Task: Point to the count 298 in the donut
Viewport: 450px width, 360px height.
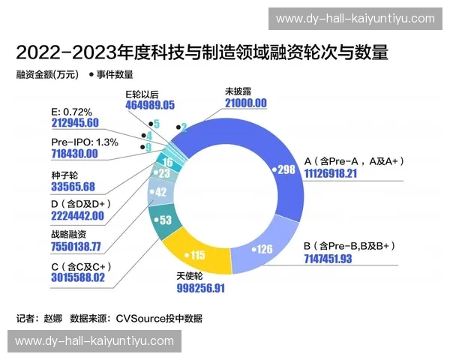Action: pos(285,169)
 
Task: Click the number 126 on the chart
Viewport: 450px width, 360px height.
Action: pos(265,249)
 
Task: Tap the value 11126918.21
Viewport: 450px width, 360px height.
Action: pos(339,173)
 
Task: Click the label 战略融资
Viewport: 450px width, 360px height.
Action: pos(70,232)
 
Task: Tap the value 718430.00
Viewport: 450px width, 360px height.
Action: pos(74,153)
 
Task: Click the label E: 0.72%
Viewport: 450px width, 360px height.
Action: pos(72,111)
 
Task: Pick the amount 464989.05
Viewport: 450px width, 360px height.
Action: pos(150,105)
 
